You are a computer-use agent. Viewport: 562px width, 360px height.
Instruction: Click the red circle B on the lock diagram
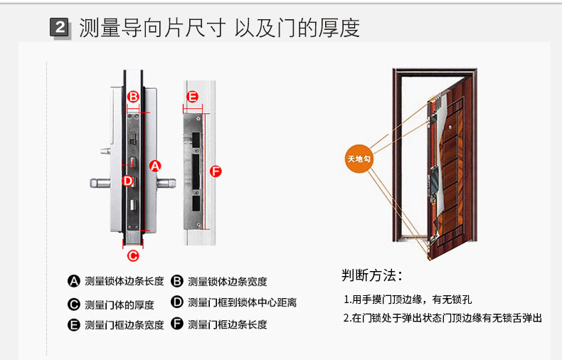[x=133, y=97]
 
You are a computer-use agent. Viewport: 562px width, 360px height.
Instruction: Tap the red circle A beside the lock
[x=154, y=166]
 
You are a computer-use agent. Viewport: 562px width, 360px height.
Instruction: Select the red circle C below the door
[x=132, y=255]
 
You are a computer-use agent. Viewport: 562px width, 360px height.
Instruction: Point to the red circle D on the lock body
[x=128, y=181]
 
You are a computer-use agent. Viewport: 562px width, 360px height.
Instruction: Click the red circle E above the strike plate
[x=192, y=97]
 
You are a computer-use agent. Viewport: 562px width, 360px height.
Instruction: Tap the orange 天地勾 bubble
[x=358, y=157]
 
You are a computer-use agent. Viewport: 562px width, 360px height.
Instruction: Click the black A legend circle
[x=73, y=281]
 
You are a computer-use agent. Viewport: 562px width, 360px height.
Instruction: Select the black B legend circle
[x=177, y=281]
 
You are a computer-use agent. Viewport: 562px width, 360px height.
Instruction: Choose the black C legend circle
[x=73, y=305]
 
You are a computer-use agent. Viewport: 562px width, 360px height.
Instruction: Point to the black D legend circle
[x=177, y=302]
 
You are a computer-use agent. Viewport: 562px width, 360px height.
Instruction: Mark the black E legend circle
[x=73, y=325]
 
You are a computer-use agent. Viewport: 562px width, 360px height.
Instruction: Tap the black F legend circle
[x=177, y=325]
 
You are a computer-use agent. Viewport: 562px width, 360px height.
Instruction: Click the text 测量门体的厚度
[x=119, y=305]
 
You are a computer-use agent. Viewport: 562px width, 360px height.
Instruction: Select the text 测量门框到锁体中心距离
[x=242, y=302]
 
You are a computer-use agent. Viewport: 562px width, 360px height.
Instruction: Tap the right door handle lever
[x=165, y=184]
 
